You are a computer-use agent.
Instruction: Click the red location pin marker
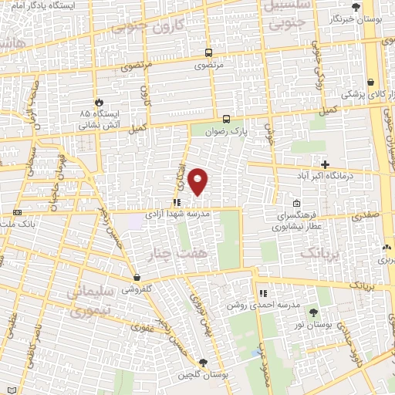click(x=198, y=181)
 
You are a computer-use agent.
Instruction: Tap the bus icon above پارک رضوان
click(x=226, y=119)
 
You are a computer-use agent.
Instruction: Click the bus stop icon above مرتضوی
click(x=208, y=52)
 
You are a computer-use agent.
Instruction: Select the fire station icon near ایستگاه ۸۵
click(x=99, y=103)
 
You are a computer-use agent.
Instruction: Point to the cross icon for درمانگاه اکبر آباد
click(x=326, y=164)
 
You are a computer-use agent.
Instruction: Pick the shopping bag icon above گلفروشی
click(x=136, y=277)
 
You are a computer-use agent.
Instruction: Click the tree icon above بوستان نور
click(x=313, y=312)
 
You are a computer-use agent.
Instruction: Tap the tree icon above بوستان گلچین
click(x=203, y=363)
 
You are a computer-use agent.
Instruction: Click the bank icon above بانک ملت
click(x=17, y=211)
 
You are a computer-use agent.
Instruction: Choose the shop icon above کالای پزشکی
click(x=371, y=81)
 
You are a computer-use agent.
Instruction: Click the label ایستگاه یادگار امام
click(x=53, y=6)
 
